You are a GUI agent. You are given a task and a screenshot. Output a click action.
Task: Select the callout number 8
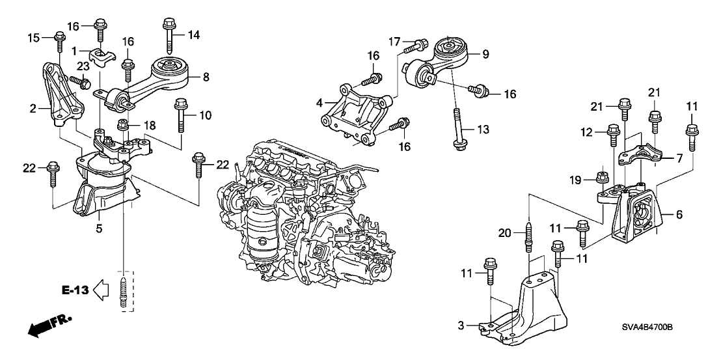206,77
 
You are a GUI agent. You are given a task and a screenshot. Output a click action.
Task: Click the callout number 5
100,228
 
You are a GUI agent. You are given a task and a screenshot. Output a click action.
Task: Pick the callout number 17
394,42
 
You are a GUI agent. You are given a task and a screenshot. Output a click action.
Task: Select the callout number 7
679,158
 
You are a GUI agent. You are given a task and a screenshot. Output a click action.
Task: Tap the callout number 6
678,214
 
